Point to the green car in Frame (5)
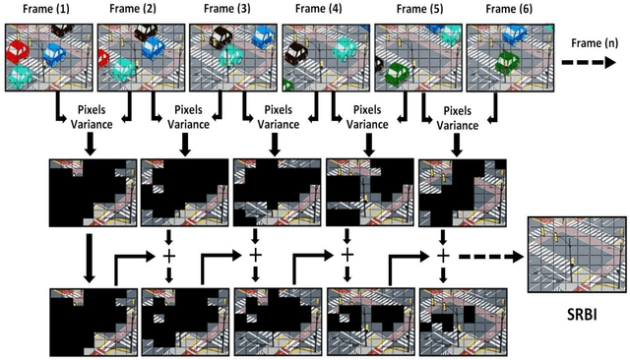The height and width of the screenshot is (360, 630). [x=398, y=72]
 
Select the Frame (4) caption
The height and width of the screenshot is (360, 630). [x=322, y=9]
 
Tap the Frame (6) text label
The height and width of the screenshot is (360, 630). [x=503, y=9]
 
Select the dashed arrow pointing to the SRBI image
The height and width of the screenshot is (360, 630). [x=498, y=254]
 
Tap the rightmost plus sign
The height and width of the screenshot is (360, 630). [x=443, y=254]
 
